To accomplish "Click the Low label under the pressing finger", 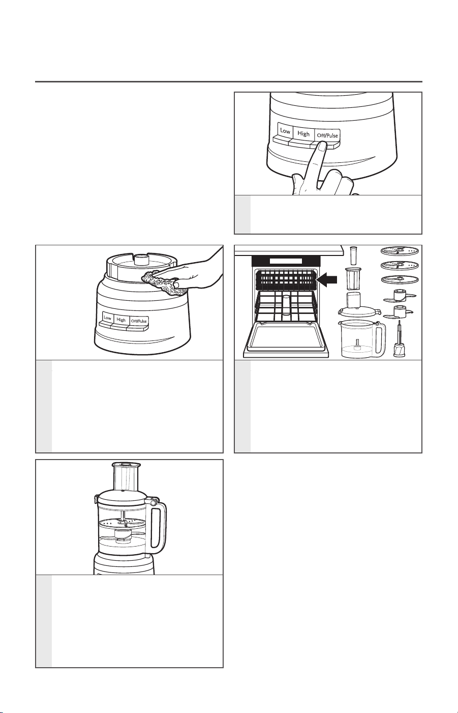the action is (285, 131).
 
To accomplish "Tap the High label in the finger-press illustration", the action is (303, 134).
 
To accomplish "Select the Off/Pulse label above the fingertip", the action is (327, 135).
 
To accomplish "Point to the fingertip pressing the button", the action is (322, 147).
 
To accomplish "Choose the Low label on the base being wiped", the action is (107, 318).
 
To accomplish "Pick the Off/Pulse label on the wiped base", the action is (139, 321).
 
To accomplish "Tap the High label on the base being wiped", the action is (121, 319).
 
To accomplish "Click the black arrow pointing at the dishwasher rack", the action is (327, 279).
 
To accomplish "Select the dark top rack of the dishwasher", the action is (286, 278).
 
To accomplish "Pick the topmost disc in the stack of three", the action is (400, 251).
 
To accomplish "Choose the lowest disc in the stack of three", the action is (400, 279).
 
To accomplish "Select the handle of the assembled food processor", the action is (158, 527).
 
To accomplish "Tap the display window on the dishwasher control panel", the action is (285, 261).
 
